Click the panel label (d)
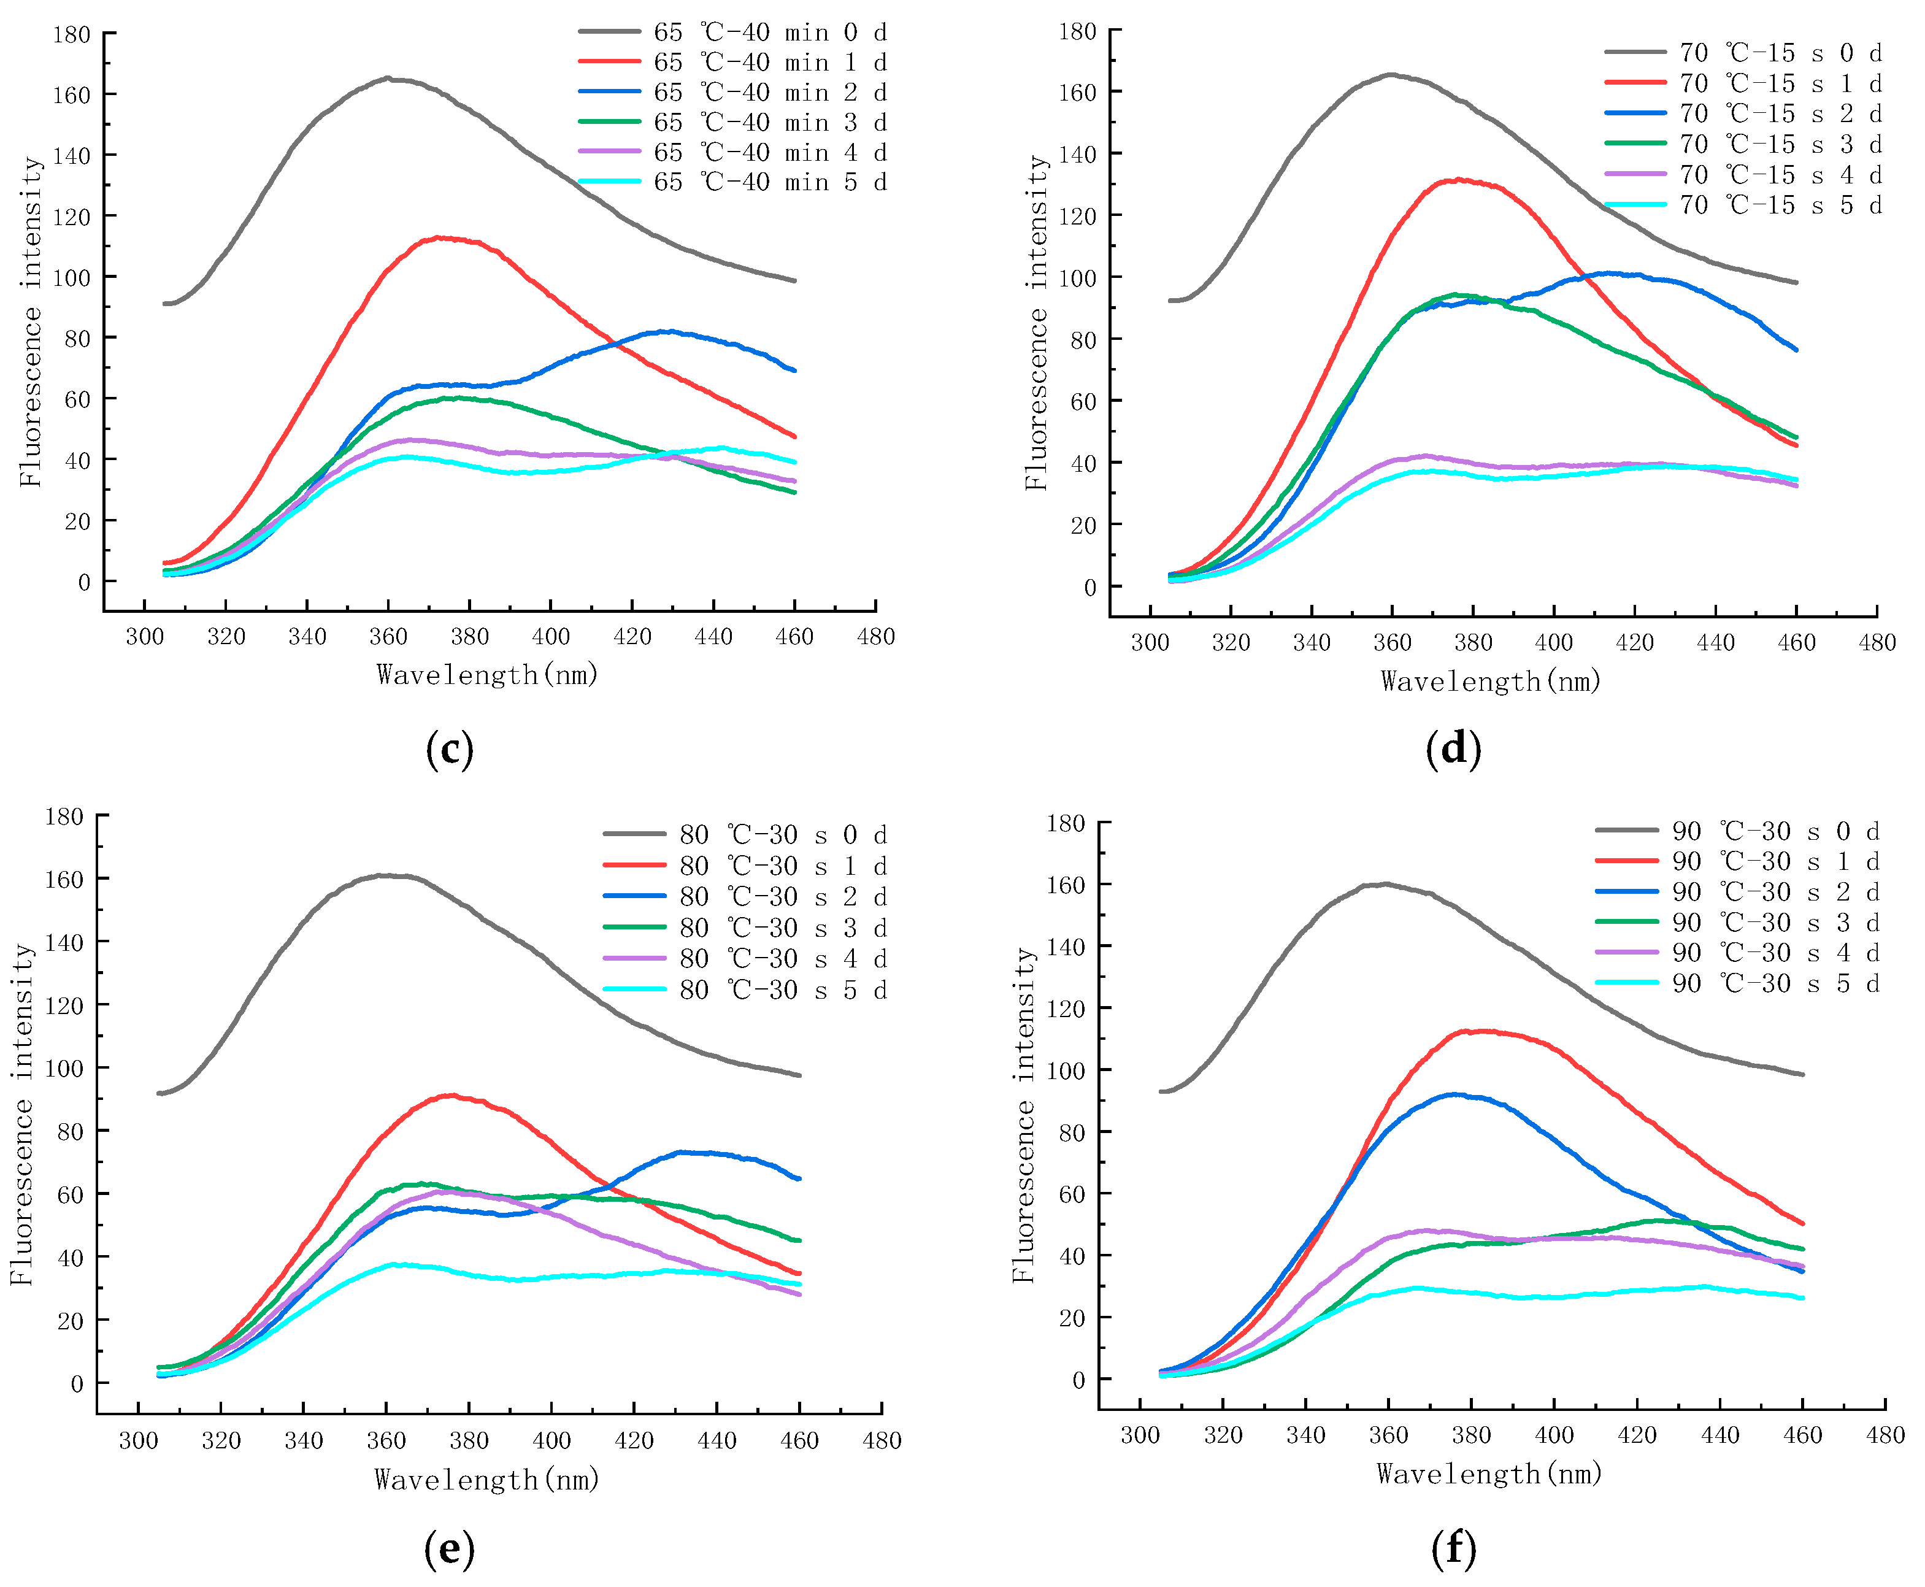point(1453,748)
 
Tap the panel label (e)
point(449,1548)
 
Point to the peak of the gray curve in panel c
point(388,79)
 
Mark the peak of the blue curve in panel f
point(1453,1094)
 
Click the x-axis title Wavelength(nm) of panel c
point(487,675)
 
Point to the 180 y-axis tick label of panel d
point(1077,31)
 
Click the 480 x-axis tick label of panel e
point(881,1441)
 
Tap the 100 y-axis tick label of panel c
point(71,277)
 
